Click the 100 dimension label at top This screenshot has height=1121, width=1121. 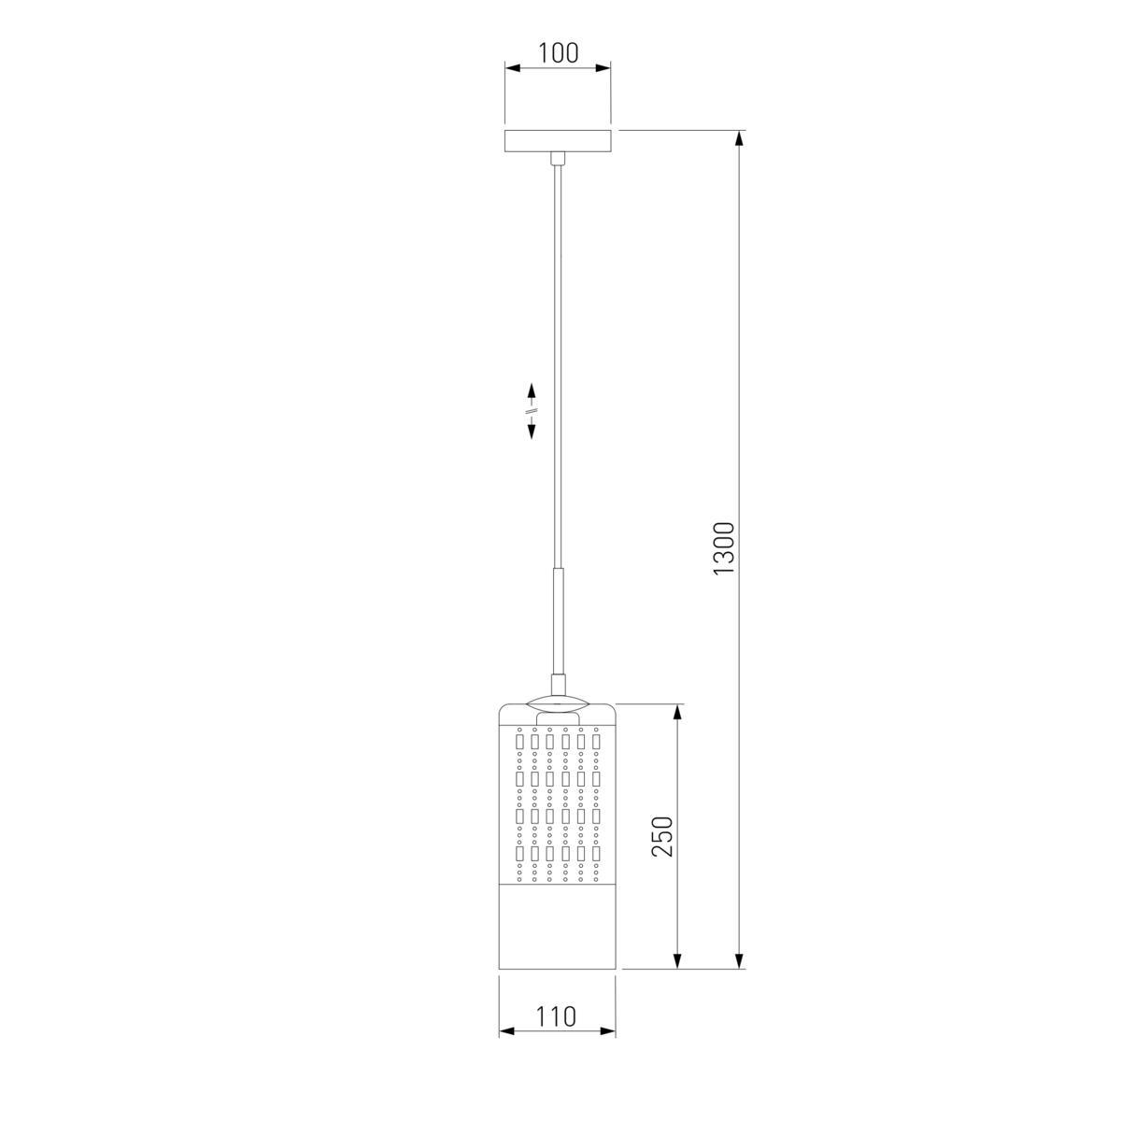tap(558, 53)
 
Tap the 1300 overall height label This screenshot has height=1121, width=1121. tap(725, 548)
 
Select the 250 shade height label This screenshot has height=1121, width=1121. tap(662, 836)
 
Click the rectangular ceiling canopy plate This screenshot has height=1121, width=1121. tap(558, 141)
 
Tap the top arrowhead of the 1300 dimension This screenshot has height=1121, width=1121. tap(739, 138)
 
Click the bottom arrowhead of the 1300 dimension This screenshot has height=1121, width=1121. tap(739, 961)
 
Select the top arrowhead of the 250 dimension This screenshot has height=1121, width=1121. tap(677, 712)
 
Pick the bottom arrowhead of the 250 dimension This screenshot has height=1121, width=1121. tap(677, 961)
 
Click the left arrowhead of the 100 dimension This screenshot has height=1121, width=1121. tap(512, 68)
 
